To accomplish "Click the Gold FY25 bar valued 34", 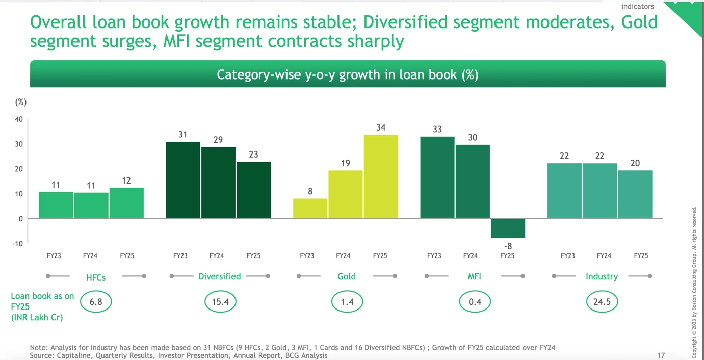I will [x=381, y=176].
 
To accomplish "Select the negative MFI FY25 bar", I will [x=508, y=228].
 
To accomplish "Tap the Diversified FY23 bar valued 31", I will [x=183, y=180].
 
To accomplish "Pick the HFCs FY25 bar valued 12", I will [x=126, y=203].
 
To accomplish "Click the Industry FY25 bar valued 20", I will [x=635, y=194].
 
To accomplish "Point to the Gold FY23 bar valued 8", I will [x=310, y=208].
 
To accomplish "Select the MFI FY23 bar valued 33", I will [x=437, y=177].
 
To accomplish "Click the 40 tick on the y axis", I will [x=18, y=119].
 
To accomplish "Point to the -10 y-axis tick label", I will [x=17, y=243].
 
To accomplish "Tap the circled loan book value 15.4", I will [x=220, y=302].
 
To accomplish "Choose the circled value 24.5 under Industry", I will [x=602, y=302].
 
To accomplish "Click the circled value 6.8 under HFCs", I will [x=96, y=302].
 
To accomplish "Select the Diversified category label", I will [x=220, y=276].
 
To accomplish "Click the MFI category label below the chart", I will [x=475, y=276].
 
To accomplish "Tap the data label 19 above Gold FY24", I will [x=346, y=163].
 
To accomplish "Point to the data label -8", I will [x=507, y=246].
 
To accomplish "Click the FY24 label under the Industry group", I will [x=604, y=256].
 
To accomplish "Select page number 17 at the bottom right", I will [x=661, y=355].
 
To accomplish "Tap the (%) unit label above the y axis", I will [x=21, y=102].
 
